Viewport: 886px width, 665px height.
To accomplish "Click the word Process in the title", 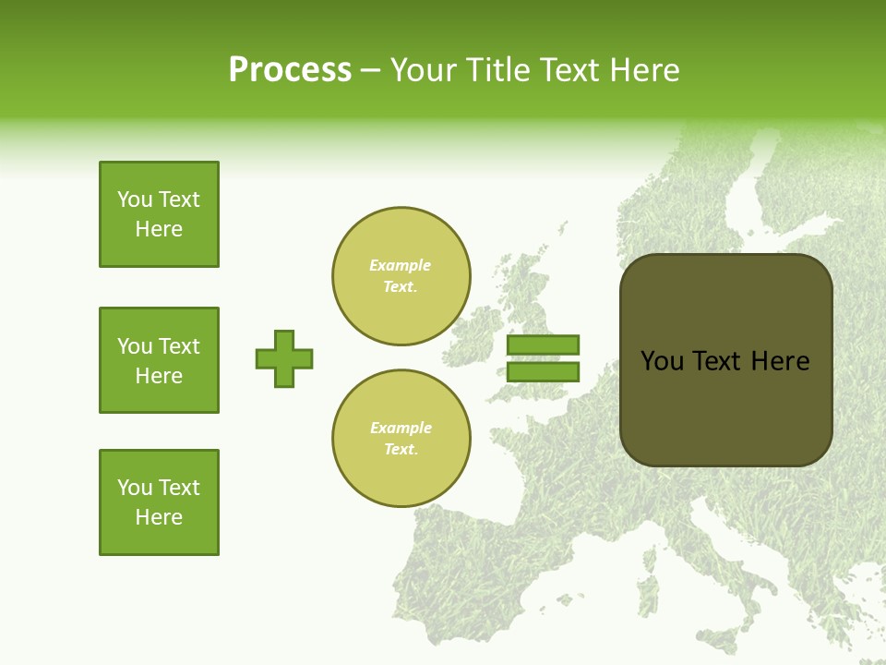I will [290, 70].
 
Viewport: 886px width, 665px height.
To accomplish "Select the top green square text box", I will [159, 214].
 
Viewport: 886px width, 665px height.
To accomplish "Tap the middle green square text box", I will [159, 360].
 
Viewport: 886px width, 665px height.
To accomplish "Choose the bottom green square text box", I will [159, 502].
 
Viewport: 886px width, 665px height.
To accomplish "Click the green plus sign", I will [284, 358].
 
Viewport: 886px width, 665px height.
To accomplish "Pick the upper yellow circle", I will [401, 276].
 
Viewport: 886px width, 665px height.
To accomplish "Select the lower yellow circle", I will [401, 439].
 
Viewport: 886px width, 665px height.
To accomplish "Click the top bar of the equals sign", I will [543, 345].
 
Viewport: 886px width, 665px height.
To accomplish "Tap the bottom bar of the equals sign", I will [543, 372].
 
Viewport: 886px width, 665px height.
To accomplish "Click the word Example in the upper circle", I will [401, 266].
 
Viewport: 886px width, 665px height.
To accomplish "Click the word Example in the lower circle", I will [401, 429].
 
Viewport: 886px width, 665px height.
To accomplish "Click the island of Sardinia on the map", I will [649, 591].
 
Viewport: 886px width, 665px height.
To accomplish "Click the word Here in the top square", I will [159, 229].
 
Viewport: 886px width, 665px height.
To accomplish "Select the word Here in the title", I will [642, 70].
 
